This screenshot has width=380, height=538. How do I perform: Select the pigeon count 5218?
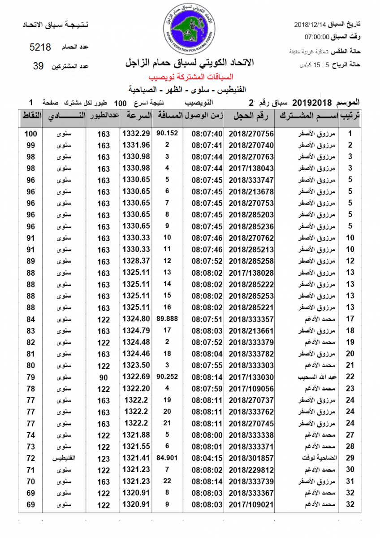tap(40, 47)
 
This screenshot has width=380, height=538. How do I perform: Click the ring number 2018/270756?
tap(251, 134)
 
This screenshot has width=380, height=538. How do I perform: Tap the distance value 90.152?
tap(167, 133)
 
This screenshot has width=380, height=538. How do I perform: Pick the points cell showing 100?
tap(30, 134)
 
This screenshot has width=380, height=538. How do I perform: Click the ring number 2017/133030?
tap(251, 377)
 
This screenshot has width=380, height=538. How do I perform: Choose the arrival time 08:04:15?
tap(207, 458)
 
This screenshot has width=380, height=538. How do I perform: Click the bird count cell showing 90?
tap(104, 377)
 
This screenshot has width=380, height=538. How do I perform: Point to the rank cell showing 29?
tap(350, 458)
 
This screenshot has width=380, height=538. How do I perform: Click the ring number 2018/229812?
tap(251, 470)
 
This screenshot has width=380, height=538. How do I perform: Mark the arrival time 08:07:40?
tap(207, 134)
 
